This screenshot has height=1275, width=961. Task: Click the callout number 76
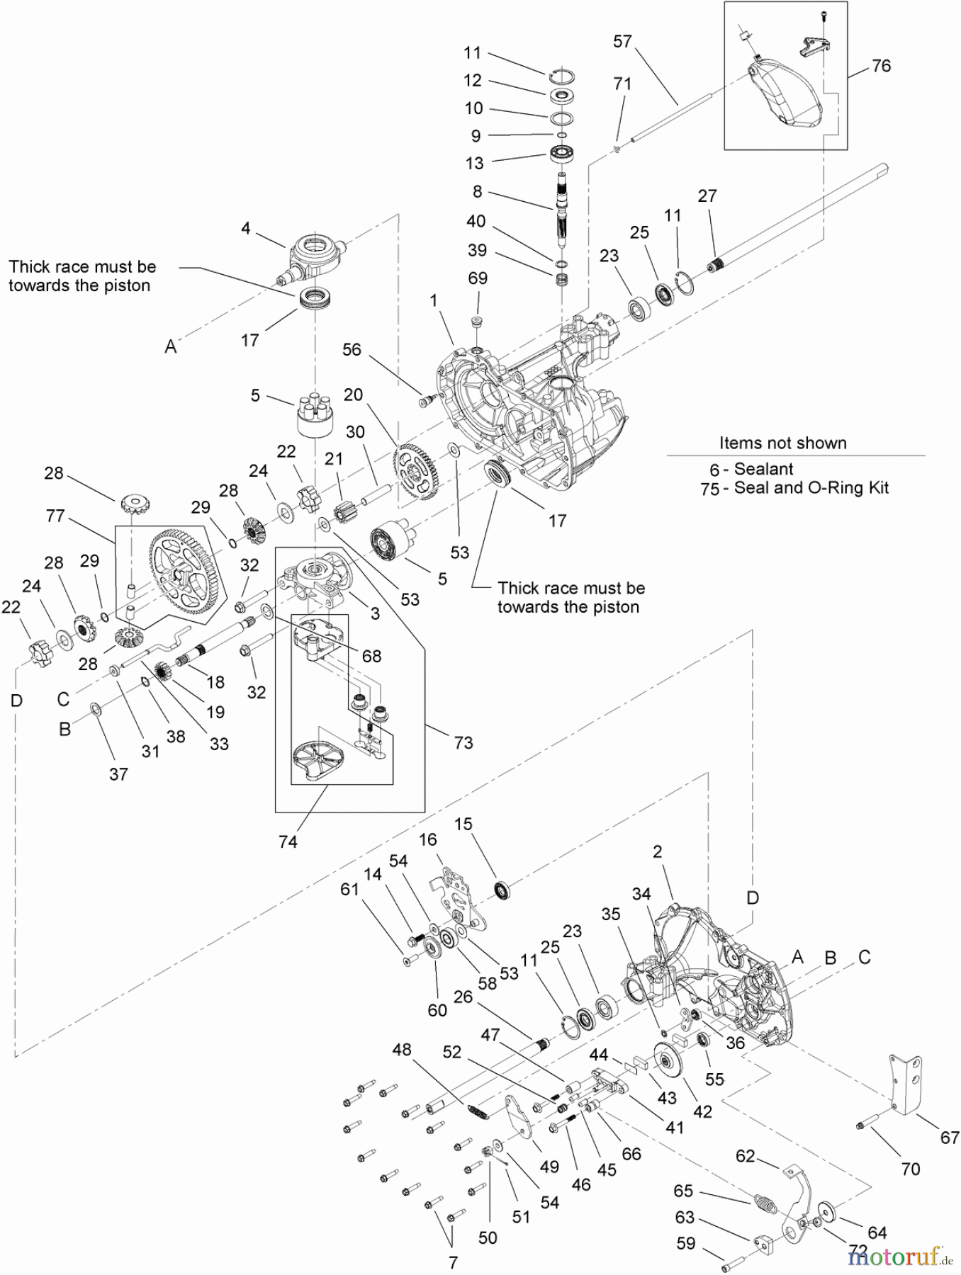881,66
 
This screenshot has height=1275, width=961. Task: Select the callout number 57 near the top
622,42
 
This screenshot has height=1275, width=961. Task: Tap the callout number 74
288,841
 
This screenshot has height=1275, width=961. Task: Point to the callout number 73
463,742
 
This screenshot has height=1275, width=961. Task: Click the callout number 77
55,516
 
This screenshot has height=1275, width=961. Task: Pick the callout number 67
950,1138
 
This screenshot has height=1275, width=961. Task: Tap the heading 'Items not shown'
782,443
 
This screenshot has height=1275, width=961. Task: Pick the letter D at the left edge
16,701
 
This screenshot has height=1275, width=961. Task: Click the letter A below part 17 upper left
171,346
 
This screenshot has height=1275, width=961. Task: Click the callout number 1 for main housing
434,300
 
